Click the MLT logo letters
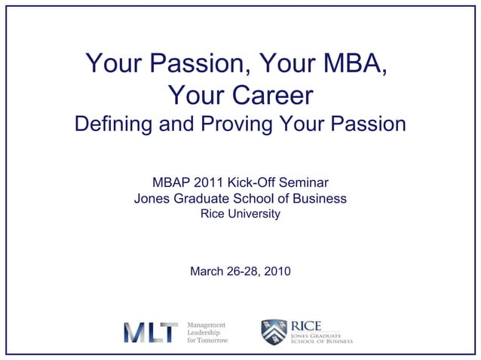pos(151,332)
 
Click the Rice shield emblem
pos(274,332)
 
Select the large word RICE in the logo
pos(306,325)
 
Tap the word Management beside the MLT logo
pos(207,324)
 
